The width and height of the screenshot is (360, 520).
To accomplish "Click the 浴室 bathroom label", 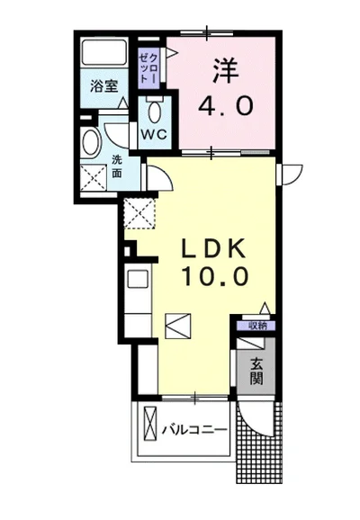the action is pos(104,87).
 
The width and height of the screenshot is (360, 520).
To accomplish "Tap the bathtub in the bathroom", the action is pos(104,52).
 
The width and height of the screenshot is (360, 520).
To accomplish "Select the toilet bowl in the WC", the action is pos(155,112).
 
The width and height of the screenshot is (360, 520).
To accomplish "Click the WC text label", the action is pos(154,134).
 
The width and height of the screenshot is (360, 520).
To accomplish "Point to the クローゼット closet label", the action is pos(149,67).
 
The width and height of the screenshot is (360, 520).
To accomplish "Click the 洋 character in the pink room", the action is pos(226,71).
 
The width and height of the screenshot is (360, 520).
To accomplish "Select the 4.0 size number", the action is pos(226,105).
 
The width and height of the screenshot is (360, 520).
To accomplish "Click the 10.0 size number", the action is pos(215,276).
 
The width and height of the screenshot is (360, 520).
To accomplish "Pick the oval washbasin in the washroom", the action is pos(91,142).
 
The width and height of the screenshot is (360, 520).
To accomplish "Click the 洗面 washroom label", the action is pos(116,166).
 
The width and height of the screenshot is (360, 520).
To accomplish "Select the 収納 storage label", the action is pos(257,326).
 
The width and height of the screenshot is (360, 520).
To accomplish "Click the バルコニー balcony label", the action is pos(194,430).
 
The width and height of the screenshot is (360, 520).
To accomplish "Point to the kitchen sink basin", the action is pos(138,280).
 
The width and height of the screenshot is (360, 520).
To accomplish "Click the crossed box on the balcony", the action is pos(150,423).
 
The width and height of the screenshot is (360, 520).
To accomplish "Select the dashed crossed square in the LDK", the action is pos(139,213).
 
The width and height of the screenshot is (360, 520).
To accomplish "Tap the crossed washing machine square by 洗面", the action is pos(94,178).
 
